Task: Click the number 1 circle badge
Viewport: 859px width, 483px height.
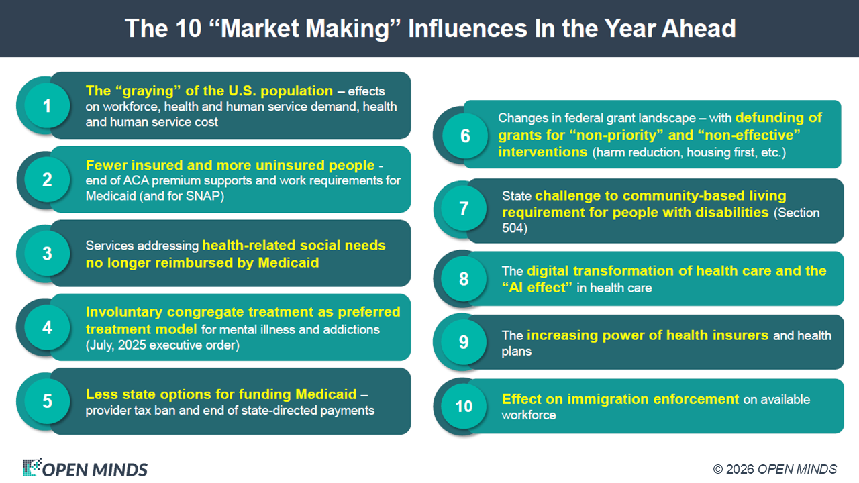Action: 47,105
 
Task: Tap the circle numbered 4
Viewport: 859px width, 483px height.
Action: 47,327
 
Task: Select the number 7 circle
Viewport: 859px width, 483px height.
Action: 464,208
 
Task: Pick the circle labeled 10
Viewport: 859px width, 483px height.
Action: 464,406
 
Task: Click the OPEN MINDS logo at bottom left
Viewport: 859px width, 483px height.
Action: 85,468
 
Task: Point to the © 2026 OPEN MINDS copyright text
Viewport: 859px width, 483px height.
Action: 774,469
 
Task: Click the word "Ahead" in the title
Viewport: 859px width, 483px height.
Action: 699,28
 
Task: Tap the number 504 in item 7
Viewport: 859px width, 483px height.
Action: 513,228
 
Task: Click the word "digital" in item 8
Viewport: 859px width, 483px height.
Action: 548,270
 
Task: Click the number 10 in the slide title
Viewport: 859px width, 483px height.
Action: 189,28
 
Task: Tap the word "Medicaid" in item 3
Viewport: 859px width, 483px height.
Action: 289,263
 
